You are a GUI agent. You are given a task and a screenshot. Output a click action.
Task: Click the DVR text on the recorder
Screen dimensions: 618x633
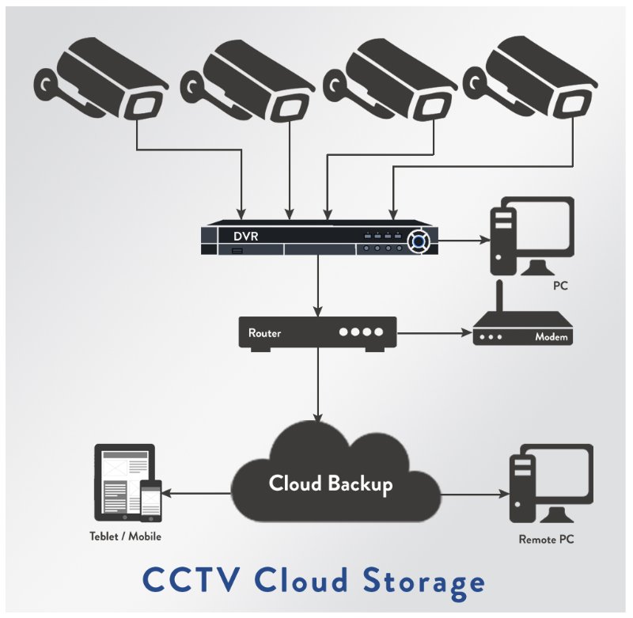[246, 236]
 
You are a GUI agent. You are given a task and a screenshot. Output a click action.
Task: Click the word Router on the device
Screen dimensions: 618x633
[264, 333]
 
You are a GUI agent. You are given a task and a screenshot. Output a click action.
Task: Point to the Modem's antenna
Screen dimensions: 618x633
[499, 301]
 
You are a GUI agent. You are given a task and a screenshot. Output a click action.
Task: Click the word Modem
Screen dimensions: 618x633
[551, 337]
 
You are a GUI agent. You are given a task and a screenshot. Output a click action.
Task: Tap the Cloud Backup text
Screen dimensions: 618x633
[330, 483]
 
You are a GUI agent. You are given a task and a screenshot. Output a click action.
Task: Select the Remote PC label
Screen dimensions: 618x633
[546, 540]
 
